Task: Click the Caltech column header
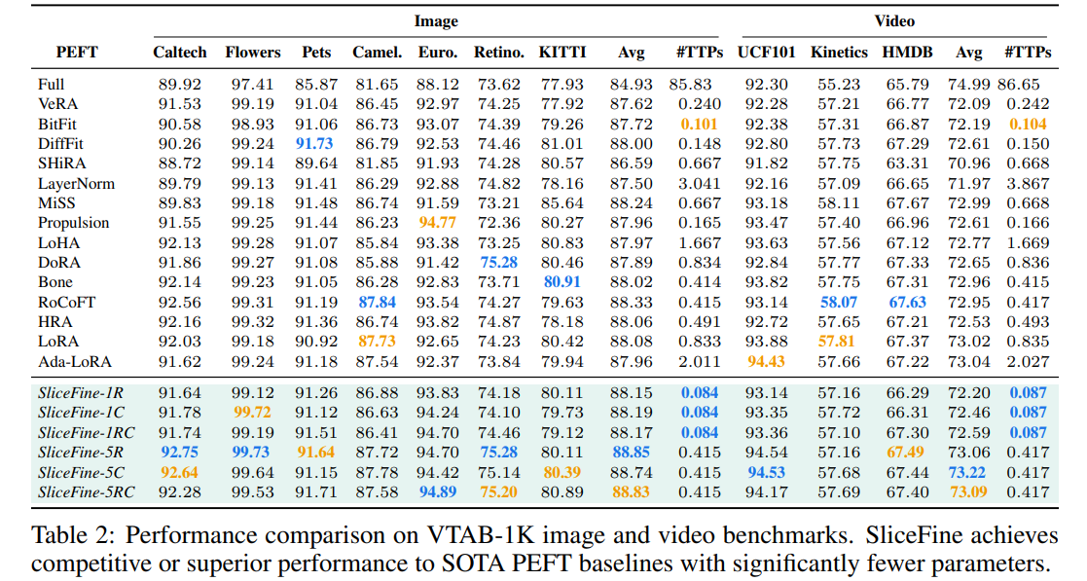[x=180, y=53]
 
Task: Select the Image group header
[x=436, y=20]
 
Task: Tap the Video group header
[x=894, y=20]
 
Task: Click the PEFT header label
[x=77, y=53]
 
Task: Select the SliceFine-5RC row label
[x=87, y=492]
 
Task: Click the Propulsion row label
[x=74, y=223]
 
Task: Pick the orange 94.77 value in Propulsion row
[x=438, y=223]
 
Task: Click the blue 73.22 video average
[x=968, y=473]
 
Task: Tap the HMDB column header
[x=907, y=53]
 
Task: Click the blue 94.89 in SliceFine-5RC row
[x=438, y=492]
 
